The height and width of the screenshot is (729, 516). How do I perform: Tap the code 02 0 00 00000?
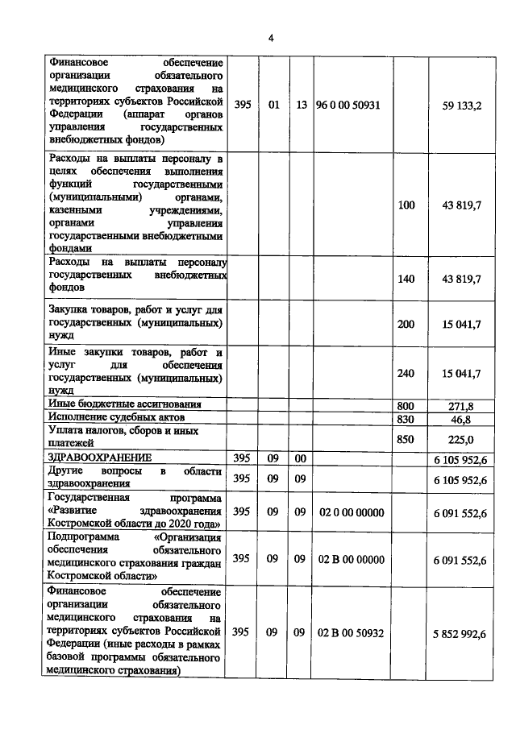pyautogui.click(x=352, y=512)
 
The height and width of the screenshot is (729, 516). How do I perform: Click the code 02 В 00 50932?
pyautogui.click(x=352, y=633)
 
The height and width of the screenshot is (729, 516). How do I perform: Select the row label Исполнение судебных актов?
pyautogui.click(x=117, y=418)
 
